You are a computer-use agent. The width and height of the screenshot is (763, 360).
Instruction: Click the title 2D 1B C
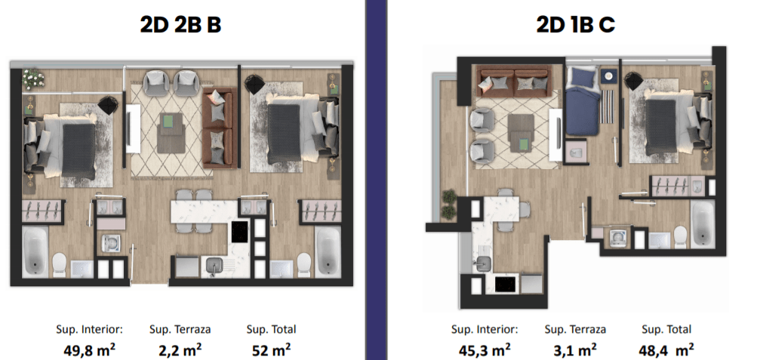tap(576, 26)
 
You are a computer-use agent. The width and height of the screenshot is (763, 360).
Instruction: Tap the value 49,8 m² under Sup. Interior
tap(90, 349)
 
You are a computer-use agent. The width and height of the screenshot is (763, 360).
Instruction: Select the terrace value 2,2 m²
tap(180, 349)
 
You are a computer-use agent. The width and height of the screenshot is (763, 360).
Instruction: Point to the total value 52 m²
tap(271, 349)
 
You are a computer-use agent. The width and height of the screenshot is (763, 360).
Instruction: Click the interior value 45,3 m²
tap(485, 349)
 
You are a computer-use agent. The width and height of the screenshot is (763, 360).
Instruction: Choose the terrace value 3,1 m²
tap(575, 349)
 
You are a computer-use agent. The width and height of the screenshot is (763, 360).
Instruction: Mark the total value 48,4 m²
tap(666, 349)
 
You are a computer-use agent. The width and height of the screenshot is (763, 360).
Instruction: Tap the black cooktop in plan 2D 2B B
tap(240, 232)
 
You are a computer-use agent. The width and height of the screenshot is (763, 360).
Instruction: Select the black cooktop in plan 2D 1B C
tap(505, 284)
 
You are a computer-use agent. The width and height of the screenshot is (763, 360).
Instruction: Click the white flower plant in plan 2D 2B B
tap(33, 78)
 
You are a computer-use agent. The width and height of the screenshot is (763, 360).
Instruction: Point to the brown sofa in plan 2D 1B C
tap(515, 82)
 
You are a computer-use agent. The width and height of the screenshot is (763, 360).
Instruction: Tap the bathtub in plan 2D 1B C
tap(702, 225)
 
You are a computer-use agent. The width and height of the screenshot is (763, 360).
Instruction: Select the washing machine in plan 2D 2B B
tap(111, 242)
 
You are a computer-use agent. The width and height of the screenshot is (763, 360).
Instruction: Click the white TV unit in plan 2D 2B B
tap(134, 129)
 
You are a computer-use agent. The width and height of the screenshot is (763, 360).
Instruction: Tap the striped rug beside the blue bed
tap(608, 106)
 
